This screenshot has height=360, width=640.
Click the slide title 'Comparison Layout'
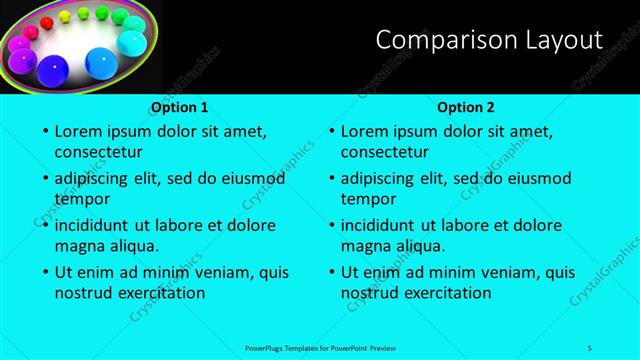click(x=489, y=40)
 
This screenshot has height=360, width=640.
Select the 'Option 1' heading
click(x=180, y=107)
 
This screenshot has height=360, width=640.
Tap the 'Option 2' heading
click(x=466, y=107)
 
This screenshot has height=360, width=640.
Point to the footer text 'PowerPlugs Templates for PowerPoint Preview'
click(x=320, y=347)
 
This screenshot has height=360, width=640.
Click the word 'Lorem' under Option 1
click(x=81, y=131)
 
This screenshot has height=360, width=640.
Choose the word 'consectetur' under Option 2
click(x=385, y=152)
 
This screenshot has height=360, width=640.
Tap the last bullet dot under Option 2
click(x=329, y=273)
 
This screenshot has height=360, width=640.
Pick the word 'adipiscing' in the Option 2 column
click(x=386, y=178)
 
